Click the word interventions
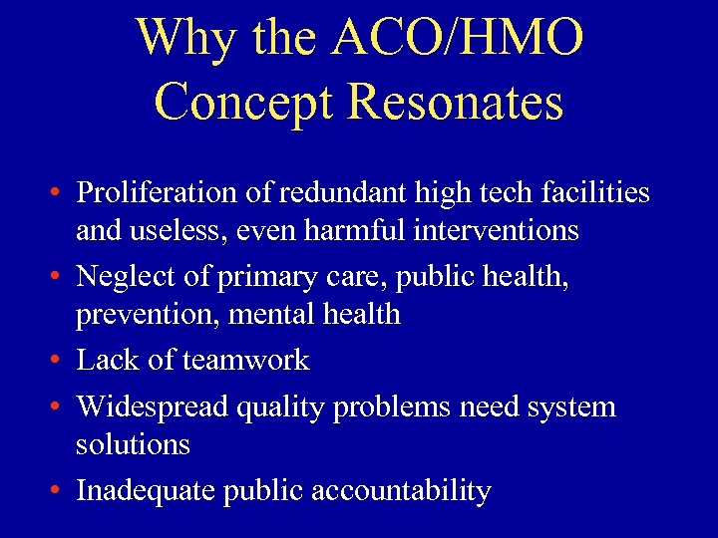pyautogui.click(x=498, y=231)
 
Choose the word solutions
pyautogui.click(x=133, y=444)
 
